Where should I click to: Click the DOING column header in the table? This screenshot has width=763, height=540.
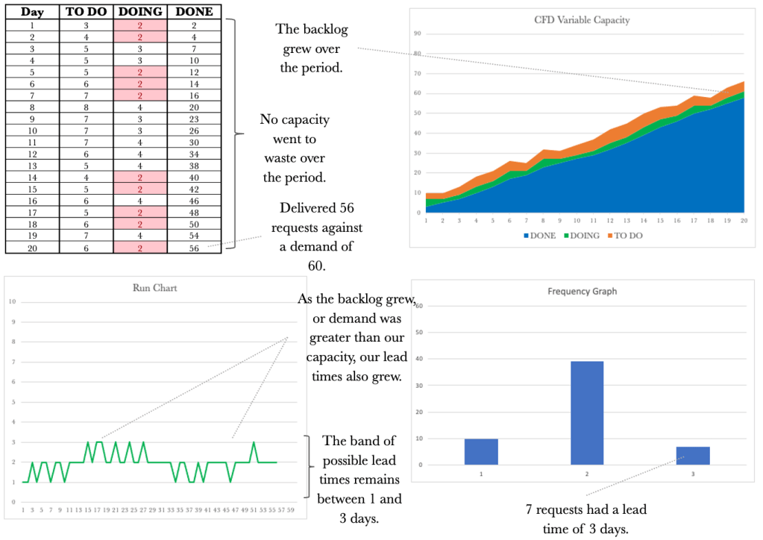tap(140, 12)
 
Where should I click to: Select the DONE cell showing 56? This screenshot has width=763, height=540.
tap(194, 248)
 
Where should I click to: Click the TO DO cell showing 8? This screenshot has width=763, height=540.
tap(86, 106)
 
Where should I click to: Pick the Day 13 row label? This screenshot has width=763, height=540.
tap(32, 166)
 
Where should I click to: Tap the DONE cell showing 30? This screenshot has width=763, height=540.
tap(194, 142)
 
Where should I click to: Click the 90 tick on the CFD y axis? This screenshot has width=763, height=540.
tap(418, 34)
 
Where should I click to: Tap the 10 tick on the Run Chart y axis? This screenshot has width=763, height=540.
tap(11, 301)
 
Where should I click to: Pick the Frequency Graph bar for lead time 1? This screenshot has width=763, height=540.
tap(481, 452)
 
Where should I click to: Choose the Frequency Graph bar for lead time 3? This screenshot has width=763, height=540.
tap(694, 456)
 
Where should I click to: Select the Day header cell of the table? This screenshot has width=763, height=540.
tap(32, 12)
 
